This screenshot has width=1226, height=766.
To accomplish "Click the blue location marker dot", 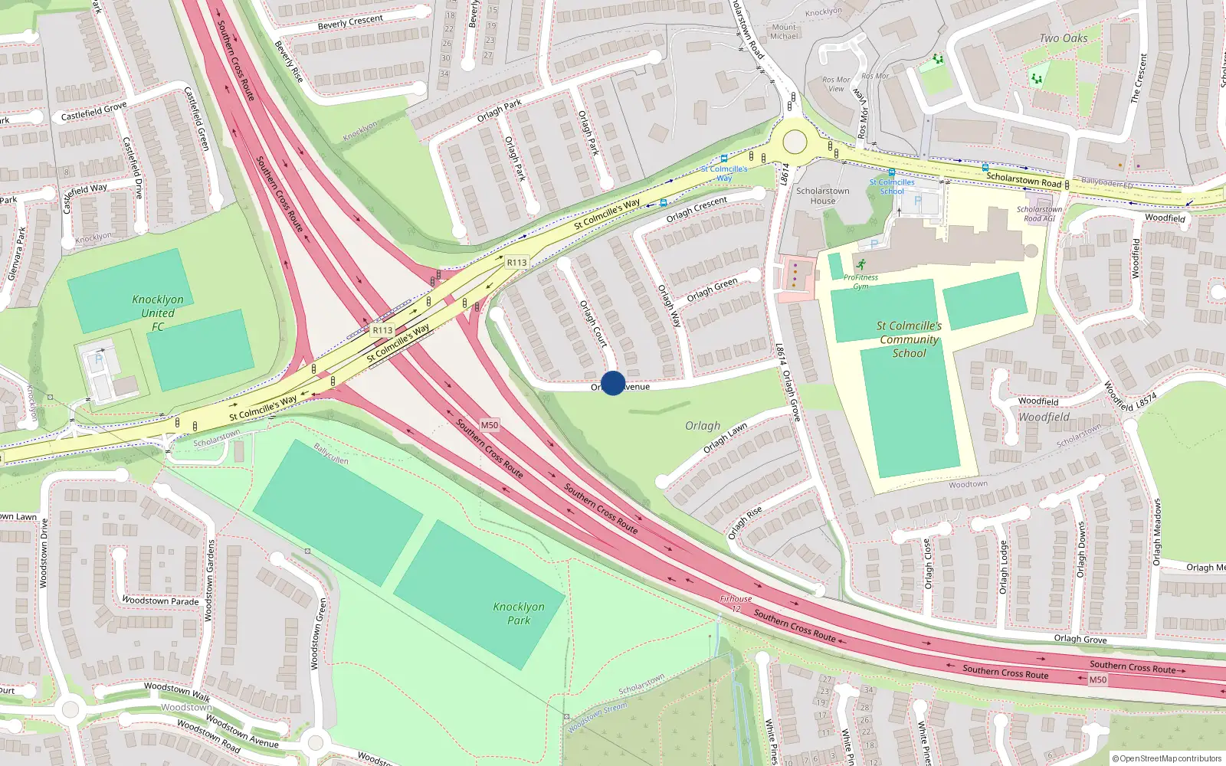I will click(613, 383).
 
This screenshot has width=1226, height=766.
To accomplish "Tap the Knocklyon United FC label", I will click(158, 313).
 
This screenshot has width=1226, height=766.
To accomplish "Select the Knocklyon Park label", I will click(519, 614).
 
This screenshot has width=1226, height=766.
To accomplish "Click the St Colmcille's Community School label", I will click(909, 339).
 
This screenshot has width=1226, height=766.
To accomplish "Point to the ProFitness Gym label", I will click(861, 281).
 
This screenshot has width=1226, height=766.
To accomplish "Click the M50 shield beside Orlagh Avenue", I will click(489, 425).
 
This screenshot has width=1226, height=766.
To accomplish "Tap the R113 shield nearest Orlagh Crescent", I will click(516, 263).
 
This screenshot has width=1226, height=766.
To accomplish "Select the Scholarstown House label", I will click(822, 196).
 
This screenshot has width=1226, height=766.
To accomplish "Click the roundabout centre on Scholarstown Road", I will click(795, 142).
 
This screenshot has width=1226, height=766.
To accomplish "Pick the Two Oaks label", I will click(1064, 38).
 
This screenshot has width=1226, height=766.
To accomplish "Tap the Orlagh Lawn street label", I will click(725, 438).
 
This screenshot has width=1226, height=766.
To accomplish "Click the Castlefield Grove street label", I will click(93, 112).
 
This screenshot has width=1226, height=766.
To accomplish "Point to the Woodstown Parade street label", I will click(161, 601).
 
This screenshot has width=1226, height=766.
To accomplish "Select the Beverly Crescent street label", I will click(350, 22).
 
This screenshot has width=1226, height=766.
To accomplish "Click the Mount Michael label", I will click(784, 31).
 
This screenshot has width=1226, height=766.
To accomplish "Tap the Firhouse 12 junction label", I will click(736, 604).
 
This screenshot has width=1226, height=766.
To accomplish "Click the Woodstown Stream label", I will click(597, 717).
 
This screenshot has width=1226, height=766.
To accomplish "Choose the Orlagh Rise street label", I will click(745, 522).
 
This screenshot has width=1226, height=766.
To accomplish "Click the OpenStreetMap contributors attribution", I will click(1167, 759).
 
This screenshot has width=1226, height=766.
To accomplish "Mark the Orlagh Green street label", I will click(712, 290).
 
